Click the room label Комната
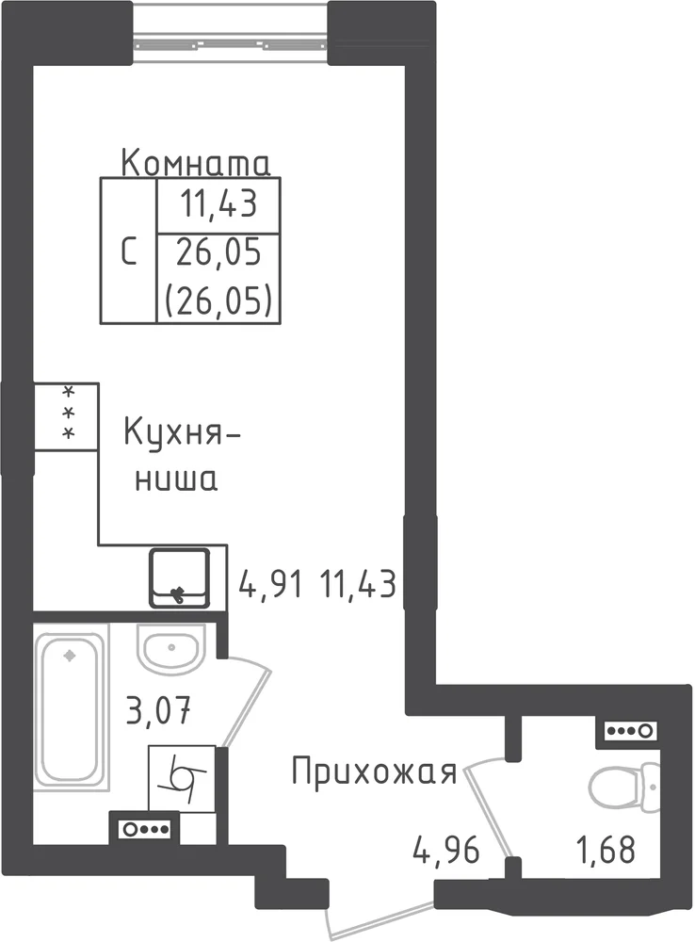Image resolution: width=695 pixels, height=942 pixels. (x=196, y=163)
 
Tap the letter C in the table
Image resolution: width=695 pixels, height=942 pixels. (x=128, y=252)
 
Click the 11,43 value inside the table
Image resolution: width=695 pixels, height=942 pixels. (x=218, y=203)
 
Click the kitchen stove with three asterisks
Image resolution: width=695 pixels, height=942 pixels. (x=66, y=415)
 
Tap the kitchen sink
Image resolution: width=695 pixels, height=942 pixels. (x=179, y=577)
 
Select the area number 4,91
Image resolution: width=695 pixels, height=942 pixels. (x=270, y=584)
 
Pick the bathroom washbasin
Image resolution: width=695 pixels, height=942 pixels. (x=171, y=648)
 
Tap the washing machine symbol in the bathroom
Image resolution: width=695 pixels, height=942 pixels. (x=182, y=779)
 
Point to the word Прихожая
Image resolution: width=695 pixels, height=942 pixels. (x=374, y=772)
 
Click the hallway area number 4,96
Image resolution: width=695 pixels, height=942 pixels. (x=445, y=851)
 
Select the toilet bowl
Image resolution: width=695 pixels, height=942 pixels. (x=624, y=786)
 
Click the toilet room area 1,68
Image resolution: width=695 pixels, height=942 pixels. (x=606, y=851)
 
